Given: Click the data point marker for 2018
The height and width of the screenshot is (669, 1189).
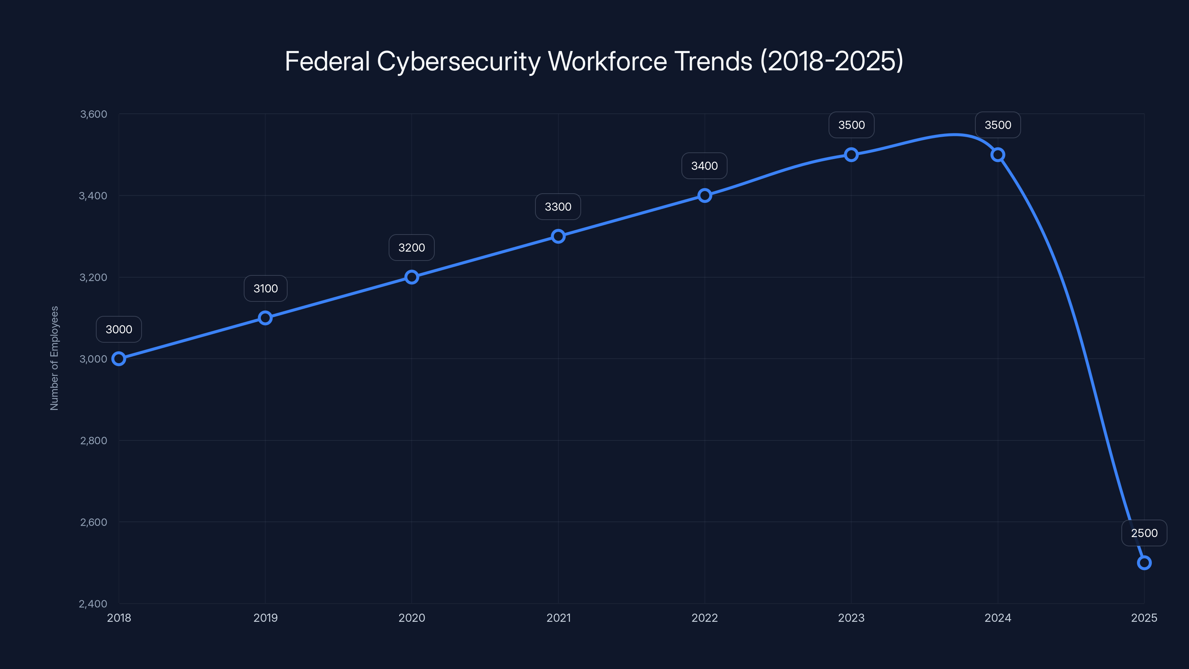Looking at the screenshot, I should (x=119, y=359).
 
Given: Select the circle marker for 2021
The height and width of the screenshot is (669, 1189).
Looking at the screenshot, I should (x=558, y=236).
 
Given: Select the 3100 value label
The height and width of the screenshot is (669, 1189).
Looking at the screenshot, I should (x=265, y=288).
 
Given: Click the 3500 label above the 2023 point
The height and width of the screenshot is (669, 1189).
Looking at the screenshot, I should (x=851, y=125).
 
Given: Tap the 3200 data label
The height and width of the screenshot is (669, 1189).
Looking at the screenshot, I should (x=411, y=248).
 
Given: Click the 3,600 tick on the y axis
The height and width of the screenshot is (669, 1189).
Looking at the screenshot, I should (x=93, y=114).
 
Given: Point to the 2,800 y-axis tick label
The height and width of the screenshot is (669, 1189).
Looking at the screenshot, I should (x=93, y=440).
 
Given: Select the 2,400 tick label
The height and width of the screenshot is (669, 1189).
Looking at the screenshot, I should (x=93, y=604).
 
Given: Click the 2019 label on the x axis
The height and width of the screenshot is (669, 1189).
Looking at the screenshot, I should (x=265, y=618).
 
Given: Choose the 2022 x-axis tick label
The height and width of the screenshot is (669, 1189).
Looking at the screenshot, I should (x=704, y=618).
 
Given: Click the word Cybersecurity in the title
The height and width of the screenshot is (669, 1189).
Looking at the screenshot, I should (x=459, y=61).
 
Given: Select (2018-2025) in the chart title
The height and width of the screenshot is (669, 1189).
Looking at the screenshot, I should (x=831, y=61).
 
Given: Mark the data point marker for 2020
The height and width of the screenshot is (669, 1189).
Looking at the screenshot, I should (x=411, y=277).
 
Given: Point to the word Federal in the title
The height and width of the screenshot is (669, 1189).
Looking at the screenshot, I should (x=327, y=61).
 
